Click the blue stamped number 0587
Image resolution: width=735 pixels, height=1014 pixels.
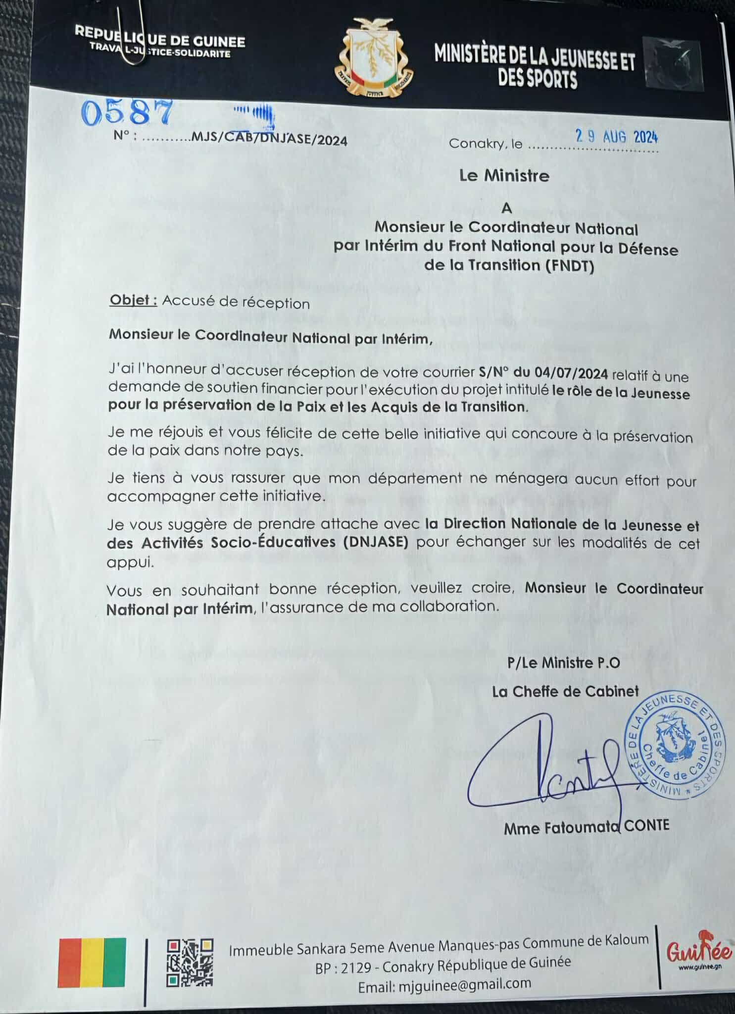(x=127, y=112)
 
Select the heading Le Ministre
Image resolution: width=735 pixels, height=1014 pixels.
(x=504, y=176)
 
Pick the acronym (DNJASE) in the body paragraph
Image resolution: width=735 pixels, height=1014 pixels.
(x=376, y=542)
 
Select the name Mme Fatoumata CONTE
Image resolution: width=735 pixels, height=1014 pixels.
(x=586, y=827)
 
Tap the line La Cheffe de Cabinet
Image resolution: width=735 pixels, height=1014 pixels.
(x=565, y=691)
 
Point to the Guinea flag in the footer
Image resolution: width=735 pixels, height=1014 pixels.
(x=92, y=962)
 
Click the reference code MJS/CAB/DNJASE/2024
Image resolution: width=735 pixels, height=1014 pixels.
(x=269, y=141)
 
